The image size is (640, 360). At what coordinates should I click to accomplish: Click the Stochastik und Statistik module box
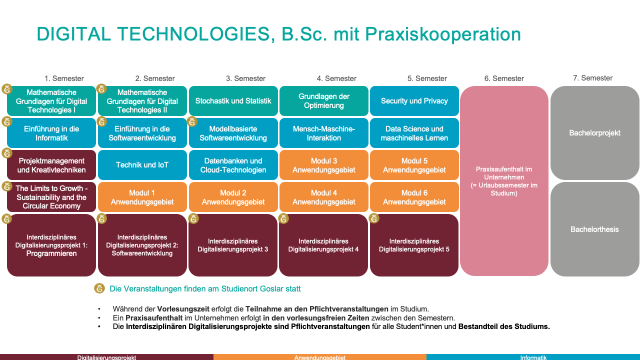point(233,101)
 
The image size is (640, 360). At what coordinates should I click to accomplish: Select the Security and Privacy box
point(414,101)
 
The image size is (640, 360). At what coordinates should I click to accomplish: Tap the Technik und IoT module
point(142,165)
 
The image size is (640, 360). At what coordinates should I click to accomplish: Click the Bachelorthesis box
point(594,229)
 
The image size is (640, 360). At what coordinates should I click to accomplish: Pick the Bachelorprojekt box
point(594,133)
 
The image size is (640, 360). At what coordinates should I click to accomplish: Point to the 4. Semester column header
point(336,78)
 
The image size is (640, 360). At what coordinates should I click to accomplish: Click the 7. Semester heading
point(592,78)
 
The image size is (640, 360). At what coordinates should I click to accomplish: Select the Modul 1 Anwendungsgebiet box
point(142,197)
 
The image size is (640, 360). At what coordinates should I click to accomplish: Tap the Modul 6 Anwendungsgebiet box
point(414,197)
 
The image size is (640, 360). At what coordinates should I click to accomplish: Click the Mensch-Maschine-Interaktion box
point(323,133)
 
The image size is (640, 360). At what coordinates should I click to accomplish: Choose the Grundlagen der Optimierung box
point(323,101)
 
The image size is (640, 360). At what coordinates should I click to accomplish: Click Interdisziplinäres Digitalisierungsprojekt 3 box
point(233,245)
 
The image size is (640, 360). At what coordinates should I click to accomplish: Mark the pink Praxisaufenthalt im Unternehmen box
point(504,181)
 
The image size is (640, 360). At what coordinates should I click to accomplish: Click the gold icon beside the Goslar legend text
point(99,288)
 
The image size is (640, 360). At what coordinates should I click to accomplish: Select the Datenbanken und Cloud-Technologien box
point(233,165)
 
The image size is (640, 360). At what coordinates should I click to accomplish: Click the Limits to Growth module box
point(51,197)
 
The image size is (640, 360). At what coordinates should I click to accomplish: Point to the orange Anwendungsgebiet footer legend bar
point(320,357)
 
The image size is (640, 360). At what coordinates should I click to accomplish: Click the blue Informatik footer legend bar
point(533,357)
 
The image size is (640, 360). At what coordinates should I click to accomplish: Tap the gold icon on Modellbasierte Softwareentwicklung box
point(192,121)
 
